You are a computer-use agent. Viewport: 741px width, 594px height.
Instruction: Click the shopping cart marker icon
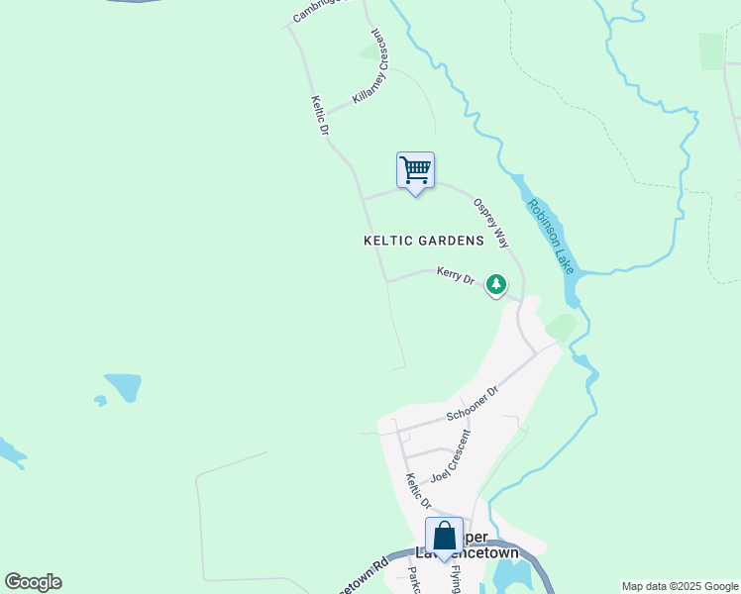416,170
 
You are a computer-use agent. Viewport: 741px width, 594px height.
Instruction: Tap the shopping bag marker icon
445,536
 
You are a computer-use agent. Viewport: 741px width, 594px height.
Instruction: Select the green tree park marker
496,285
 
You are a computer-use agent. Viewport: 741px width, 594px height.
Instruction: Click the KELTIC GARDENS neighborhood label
424,241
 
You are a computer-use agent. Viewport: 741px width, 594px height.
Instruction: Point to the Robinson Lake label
550,236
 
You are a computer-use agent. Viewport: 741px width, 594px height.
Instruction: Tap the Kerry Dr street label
456,276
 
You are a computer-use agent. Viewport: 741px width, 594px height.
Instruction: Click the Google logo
33,582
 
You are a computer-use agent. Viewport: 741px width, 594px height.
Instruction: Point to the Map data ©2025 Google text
680,586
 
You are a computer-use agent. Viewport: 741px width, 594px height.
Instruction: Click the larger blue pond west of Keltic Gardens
124,386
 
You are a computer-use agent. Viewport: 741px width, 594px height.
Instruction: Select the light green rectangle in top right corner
711,50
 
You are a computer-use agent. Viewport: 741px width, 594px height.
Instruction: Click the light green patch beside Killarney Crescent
373,49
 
